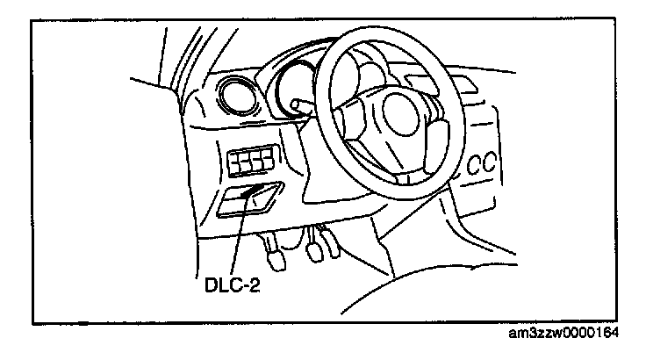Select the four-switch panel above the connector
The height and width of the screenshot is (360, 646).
point(249,163)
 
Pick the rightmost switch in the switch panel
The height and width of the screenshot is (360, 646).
point(264,163)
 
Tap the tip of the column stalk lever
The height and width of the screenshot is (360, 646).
point(298,105)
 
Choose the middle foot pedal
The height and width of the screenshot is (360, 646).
point(313,251)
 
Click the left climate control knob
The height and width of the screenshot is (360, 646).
point(475,164)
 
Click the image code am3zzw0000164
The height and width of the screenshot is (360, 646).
point(576,334)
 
